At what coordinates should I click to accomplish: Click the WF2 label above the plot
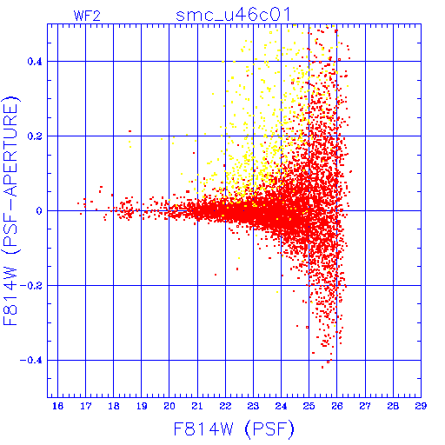(87, 16)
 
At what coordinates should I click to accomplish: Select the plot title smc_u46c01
(233, 15)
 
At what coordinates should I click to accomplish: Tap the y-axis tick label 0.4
(35, 62)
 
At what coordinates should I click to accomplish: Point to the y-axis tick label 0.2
(35, 136)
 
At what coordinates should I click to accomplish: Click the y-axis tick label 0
(39, 211)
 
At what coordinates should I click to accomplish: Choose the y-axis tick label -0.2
(31, 286)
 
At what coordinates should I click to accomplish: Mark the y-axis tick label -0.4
(31, 361)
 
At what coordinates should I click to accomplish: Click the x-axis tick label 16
(57, 406)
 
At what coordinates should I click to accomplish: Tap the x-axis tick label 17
(86, 406)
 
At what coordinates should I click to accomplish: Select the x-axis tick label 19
(142, 406)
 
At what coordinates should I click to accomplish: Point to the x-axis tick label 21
(197, 406)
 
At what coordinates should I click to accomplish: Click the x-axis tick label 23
(253, 406)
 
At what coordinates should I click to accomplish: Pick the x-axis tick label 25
(309, 406)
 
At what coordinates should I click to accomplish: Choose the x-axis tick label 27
(365, 406)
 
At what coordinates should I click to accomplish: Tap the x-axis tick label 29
(421, 406)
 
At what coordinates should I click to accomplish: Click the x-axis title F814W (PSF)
(234, 428)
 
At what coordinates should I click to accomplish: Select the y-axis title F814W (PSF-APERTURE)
(11, 210)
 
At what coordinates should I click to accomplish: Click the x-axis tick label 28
(393, 406)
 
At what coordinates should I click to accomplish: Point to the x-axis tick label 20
(169, 406)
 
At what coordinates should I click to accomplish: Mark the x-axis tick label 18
(114, 406)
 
